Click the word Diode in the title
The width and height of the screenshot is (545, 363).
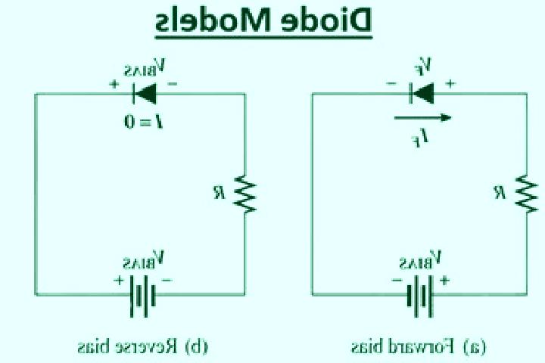pos(329,20)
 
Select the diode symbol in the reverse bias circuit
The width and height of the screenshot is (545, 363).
pos(145,94)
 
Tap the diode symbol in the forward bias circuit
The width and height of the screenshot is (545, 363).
pos(422,93)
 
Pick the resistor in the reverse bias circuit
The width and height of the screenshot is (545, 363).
pos(245,194)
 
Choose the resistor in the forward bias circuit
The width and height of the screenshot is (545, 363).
pos(527,194)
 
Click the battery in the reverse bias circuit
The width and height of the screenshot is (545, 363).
pos(142,296)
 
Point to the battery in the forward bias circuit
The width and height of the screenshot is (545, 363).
pos(420,296)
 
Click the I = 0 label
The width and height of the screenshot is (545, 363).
pos(143,122)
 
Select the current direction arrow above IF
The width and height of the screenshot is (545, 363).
pos(422,118)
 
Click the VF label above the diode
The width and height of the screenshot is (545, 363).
pos(423,67)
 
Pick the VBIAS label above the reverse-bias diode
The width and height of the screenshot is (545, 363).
pos(145,67)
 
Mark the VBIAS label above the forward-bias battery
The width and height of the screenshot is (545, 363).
pos(421,260)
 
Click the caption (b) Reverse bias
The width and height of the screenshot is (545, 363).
pos(143,346)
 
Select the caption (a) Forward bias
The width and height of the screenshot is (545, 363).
pos(419,346)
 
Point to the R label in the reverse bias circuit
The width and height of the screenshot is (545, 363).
pos(219,192)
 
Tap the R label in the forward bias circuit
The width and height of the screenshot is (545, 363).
pos(500,192)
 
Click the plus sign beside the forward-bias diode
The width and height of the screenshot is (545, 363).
pos(450,83)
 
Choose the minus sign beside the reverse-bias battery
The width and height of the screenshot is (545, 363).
pos(167,280)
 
